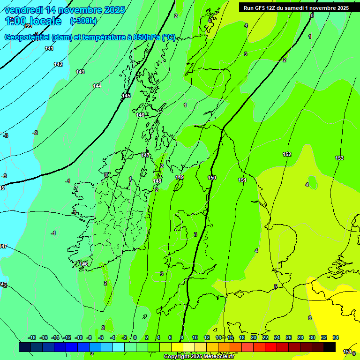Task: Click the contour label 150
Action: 212,178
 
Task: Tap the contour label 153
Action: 339,158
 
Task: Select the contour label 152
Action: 287,154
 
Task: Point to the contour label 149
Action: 180,177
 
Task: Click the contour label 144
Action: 97,86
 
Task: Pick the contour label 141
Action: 49,48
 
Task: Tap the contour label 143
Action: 80,72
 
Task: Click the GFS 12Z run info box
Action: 296,8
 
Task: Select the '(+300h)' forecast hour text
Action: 83,21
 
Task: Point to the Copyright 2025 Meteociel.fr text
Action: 199,357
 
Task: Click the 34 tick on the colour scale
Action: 335,337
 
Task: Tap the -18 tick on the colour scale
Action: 32,337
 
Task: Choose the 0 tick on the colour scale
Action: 135,337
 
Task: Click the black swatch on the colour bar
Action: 330,347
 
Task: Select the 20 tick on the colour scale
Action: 253,337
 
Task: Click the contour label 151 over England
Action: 242,180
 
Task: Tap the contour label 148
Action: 157,181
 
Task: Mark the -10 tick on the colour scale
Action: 78,337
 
